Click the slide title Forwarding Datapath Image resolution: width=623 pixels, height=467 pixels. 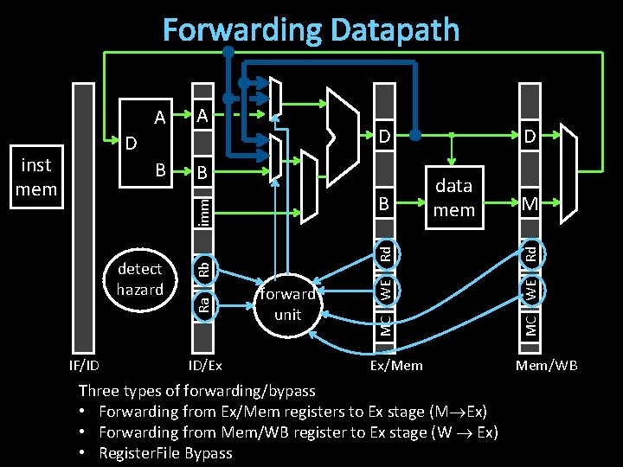coord(311,30)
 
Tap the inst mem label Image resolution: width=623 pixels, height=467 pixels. coord(36,176)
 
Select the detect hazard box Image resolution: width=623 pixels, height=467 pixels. coord(140,278)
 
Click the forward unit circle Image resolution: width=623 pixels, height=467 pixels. coord(287,304)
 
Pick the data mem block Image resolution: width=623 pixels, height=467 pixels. coord(453,198)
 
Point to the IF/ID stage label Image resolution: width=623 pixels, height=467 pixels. coord(85,365)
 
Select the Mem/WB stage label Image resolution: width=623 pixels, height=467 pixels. coord(547,365)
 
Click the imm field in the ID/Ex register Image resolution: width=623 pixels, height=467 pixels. coord(202,210)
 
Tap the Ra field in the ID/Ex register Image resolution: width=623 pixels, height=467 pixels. coord(202,303)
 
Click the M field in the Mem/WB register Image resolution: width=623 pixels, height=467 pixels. coord(530,203)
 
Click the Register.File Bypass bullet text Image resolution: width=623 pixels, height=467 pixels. coord(165,453)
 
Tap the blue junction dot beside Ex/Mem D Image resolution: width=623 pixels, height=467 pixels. coord(415,136)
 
